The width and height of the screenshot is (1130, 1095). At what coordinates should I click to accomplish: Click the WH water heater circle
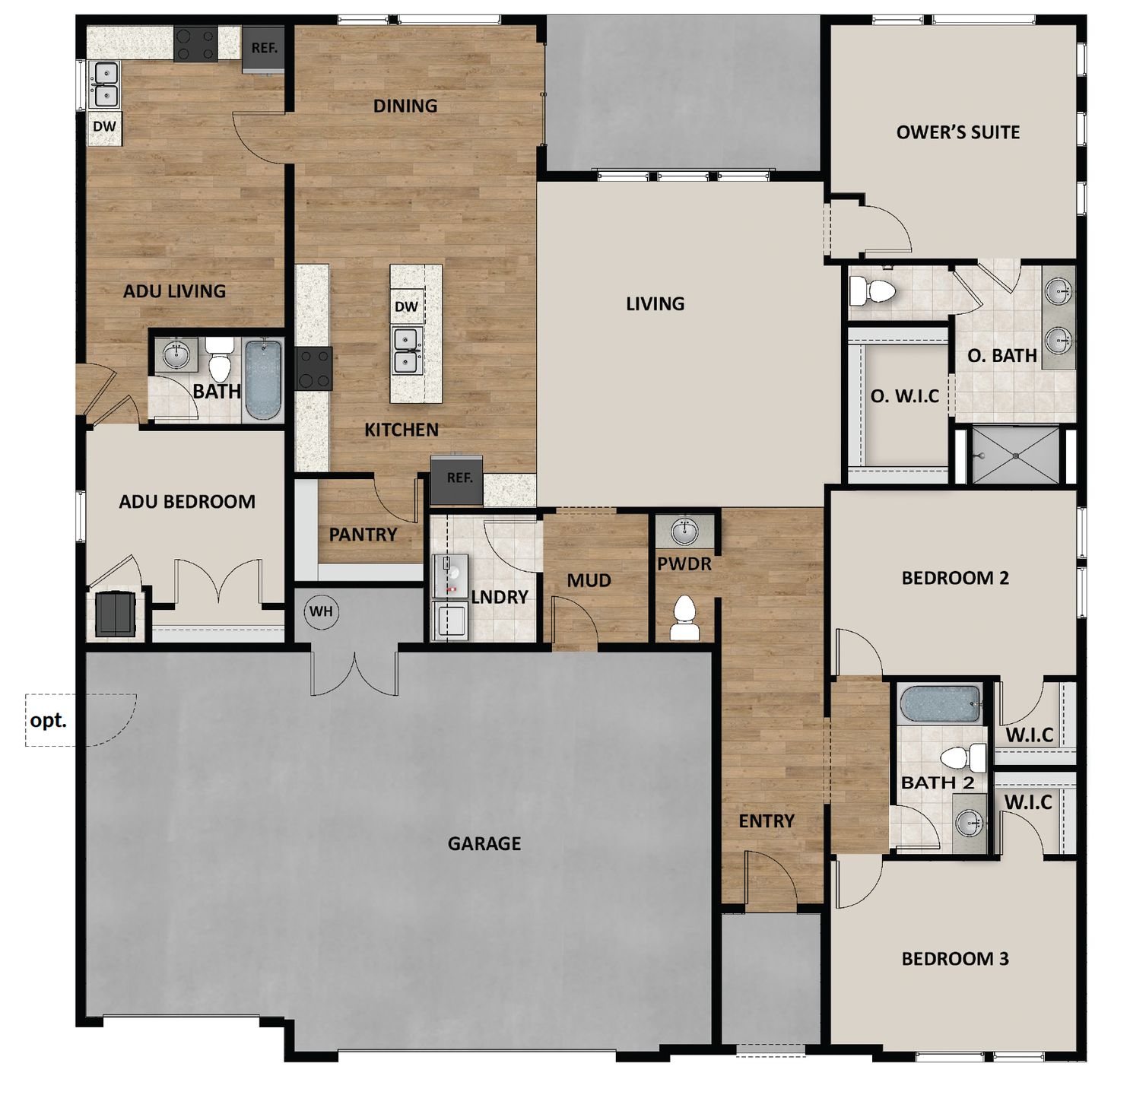tap(321, 611)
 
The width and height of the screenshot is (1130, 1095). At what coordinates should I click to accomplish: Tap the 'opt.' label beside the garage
tap(48, 721)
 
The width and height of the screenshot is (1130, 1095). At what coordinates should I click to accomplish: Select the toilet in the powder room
tap(684, 617)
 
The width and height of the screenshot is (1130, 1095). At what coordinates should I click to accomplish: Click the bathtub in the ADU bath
tap(264, 379)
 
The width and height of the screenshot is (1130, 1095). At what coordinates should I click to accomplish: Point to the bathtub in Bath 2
tap(940, 703)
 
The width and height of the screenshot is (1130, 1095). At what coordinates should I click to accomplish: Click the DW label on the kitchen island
tap(406, 306)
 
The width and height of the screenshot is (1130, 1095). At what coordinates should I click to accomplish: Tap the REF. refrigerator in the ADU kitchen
tap(264, 49)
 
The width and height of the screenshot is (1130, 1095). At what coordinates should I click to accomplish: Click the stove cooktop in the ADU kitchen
tap(195, 43)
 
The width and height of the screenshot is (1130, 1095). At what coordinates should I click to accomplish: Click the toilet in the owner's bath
tap(872, 290)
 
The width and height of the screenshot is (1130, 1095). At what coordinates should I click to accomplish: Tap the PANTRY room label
tap(363, 534)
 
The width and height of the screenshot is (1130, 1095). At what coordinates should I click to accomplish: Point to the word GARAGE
tap(484, 843)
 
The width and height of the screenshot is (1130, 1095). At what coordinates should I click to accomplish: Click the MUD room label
tap(589, 580)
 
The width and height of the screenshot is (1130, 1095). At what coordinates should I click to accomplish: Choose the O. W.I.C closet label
tap(905, 396)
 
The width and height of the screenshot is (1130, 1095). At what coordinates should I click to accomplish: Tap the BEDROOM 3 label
tap(955, 959)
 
